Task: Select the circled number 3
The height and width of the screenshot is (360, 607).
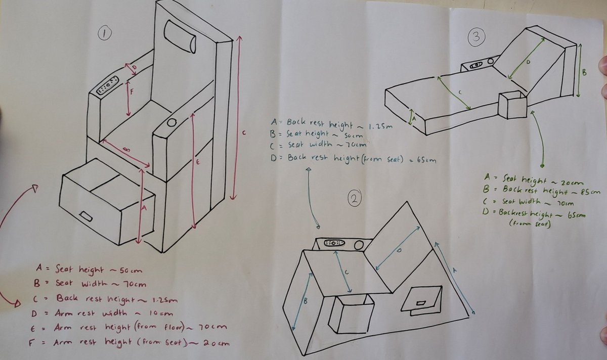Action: coord(476,36)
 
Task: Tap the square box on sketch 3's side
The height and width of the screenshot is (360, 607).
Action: coord(512,105)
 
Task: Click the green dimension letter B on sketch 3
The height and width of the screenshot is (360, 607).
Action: coord(584,72)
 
